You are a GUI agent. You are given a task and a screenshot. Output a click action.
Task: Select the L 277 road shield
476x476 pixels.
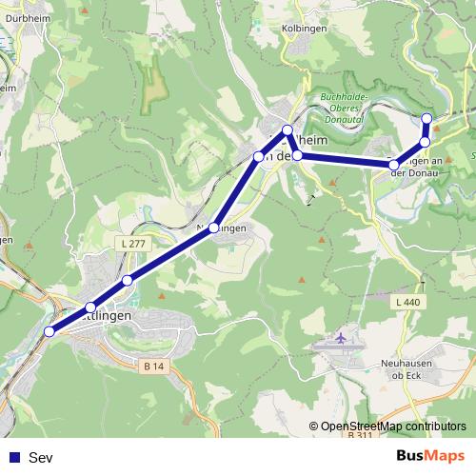(133, 245)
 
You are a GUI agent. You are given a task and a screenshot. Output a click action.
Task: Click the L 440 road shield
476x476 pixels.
(407, 302)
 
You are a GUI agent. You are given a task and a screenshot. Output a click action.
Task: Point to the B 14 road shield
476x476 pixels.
(154, 365)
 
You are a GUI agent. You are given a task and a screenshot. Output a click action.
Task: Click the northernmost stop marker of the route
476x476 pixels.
(426, 118)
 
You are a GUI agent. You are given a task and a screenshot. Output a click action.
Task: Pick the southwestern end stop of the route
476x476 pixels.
(50, 331)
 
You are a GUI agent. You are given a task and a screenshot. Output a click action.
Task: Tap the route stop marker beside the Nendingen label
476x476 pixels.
(215, 228)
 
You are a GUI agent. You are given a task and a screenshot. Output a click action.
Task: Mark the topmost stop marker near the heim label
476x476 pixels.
(287, 129)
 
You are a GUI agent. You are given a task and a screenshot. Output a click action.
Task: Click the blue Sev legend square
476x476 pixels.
(13, 458)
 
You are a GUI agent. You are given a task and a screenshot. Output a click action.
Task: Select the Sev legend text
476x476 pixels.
(41, 458)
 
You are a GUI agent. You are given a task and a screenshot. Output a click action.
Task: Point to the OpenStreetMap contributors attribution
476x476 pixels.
(388, 426)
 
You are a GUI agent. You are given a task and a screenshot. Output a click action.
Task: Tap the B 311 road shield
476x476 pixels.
(360, 435)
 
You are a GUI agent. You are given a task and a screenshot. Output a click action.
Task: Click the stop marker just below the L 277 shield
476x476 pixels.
(128, 280)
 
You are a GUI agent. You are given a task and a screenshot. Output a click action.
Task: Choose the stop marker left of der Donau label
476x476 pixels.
(394, 166)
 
